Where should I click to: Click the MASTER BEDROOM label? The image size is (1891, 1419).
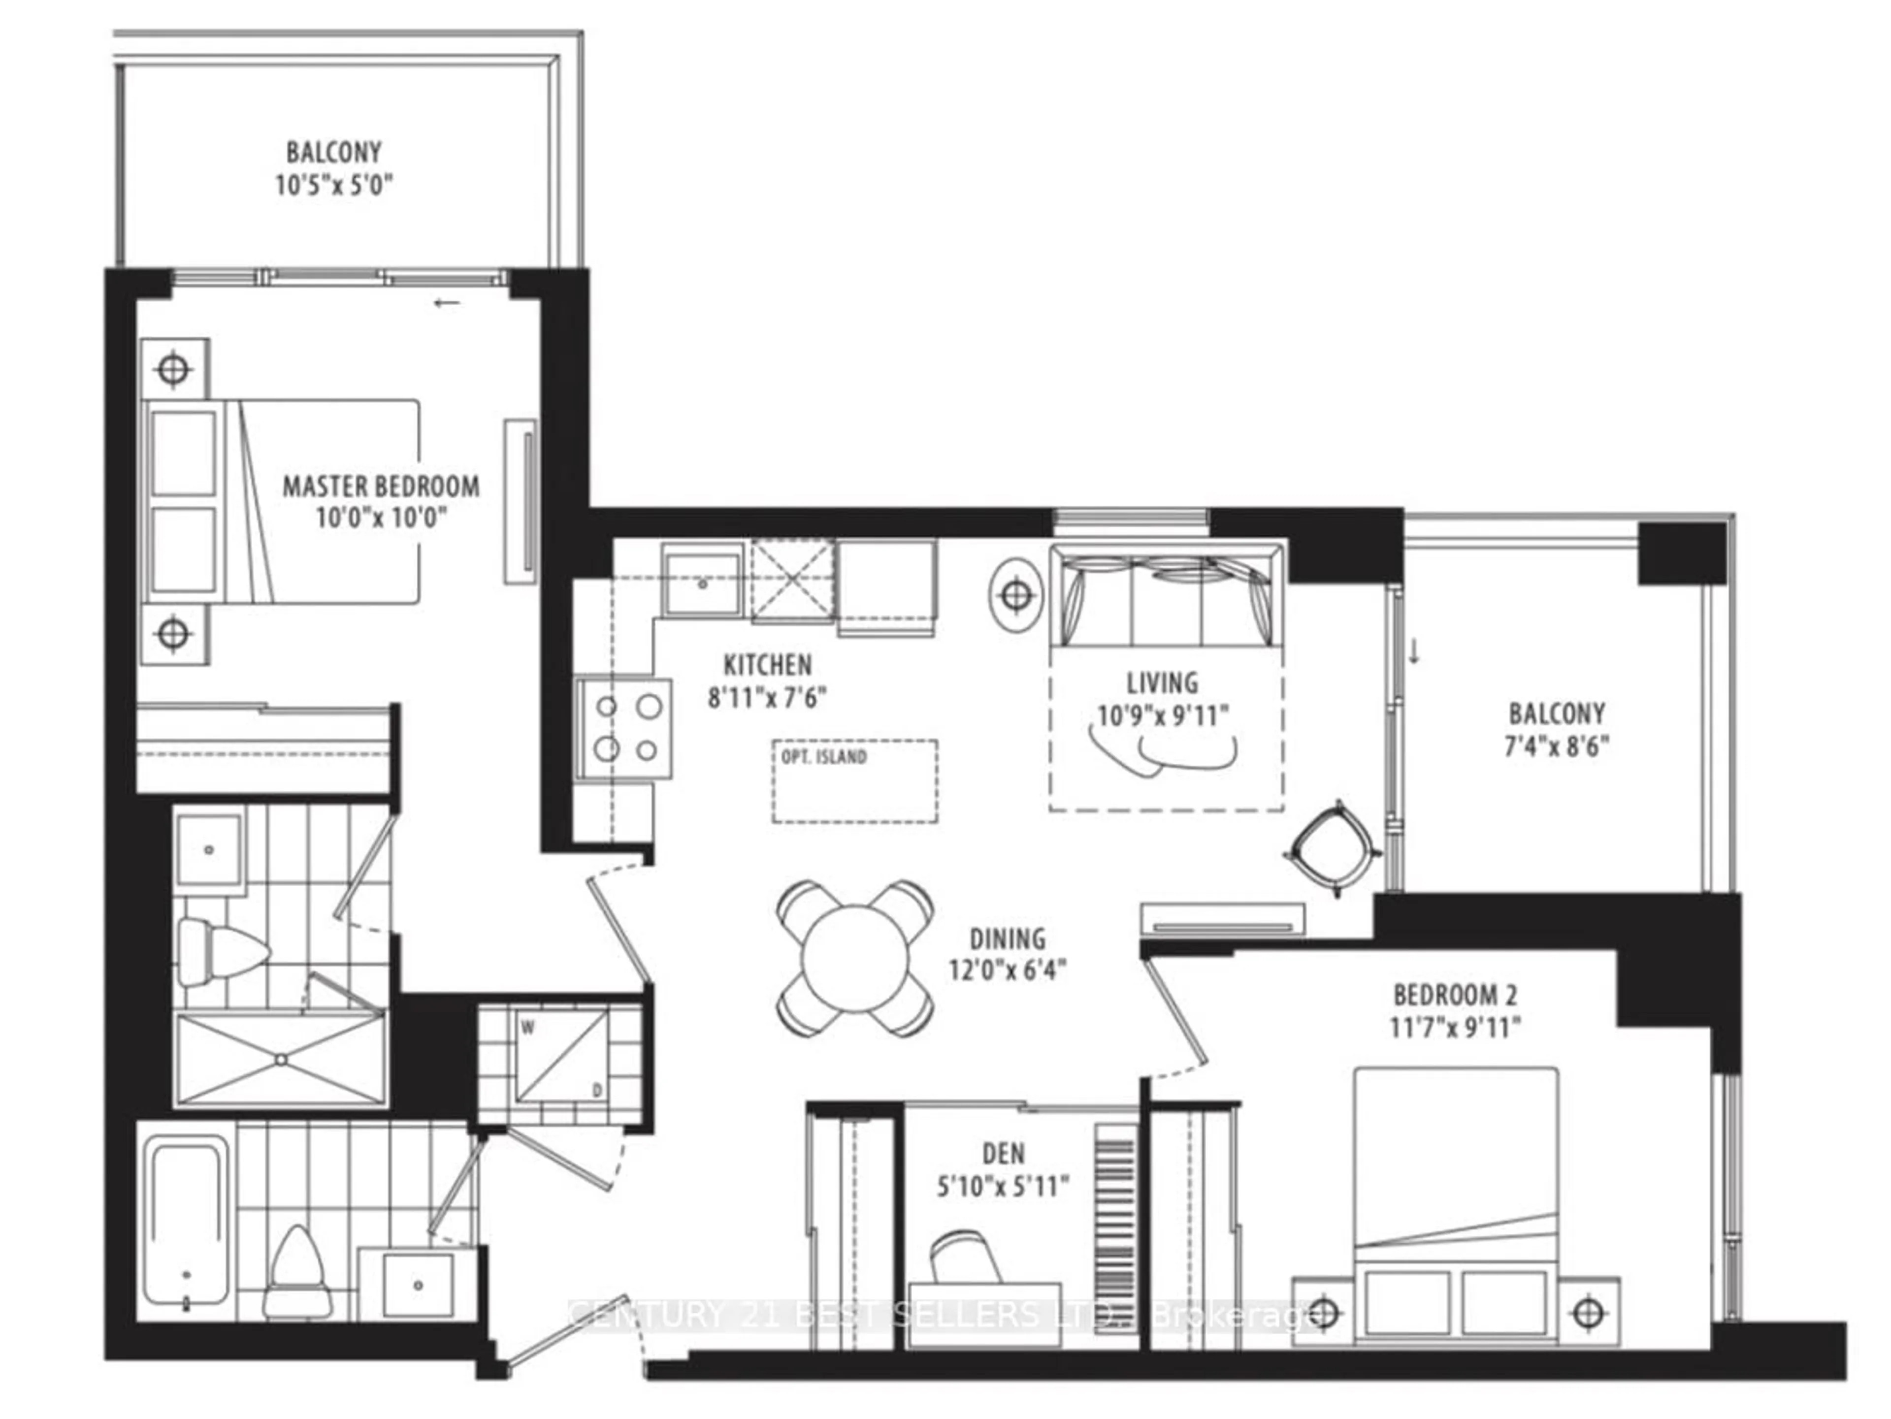pos(381,486)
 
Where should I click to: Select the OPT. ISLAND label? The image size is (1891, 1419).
pos(823,756)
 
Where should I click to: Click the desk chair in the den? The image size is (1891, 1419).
pos(966,1257)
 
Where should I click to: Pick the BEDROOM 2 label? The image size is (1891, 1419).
pos(1455,995)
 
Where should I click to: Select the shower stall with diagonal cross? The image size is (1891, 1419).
pos(280,1059)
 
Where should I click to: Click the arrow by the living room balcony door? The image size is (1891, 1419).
pos(1414,653)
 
